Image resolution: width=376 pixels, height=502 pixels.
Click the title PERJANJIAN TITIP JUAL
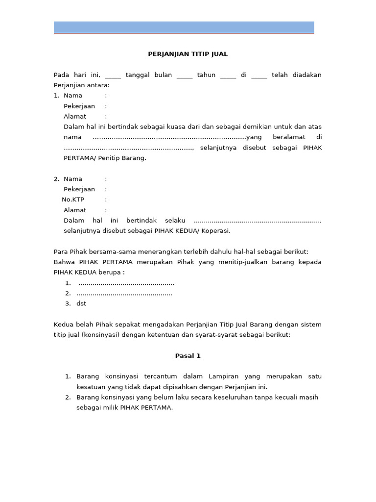tap(188, 54)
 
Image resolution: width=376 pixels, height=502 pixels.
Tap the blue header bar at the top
tap(184, 27)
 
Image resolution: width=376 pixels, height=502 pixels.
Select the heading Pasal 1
tap(188, 356)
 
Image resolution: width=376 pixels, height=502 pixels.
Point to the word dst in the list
tap(81, 303)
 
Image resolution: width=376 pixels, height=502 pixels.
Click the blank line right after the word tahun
tap(228, 75)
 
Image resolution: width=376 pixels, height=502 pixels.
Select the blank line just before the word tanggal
tap(113, 75)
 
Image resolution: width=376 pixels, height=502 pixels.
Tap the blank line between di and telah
tap(259, 75)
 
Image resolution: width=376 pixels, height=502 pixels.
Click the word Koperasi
tap(215, 231)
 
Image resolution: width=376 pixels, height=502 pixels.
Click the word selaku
tap(175, 221)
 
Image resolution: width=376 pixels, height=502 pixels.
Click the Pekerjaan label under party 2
tap(79, 189)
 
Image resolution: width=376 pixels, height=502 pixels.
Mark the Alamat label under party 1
tap(75, 116)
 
